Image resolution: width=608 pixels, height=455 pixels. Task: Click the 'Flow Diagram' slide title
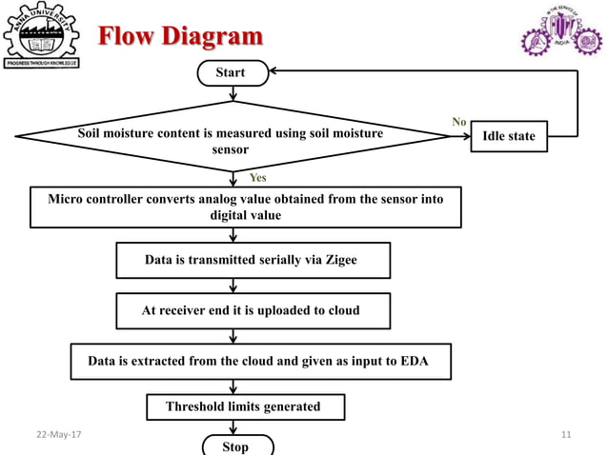181,37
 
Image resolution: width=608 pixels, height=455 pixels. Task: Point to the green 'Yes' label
258,177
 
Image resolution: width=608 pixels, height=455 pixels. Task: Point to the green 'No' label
458,122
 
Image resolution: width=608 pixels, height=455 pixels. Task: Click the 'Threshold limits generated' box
243,406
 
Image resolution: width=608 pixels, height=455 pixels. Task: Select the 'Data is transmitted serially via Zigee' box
251,259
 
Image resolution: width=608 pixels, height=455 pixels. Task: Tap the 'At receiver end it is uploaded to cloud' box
251,310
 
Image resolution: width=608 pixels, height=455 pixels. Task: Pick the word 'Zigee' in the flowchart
338,259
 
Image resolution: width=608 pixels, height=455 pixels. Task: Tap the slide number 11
566,435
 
